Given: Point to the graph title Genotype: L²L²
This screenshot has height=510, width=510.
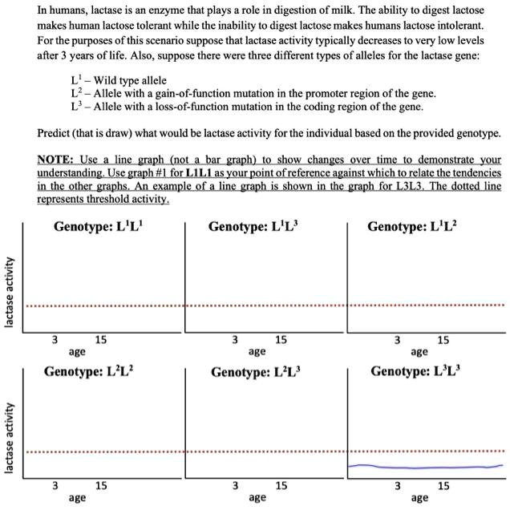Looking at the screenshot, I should coord(89,372).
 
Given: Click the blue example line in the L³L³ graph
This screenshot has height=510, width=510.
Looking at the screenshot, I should coord(425,467).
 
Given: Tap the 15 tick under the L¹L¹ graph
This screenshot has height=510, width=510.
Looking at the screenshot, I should coord(101,340).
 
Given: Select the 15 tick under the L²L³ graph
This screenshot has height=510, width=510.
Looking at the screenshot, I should coord(281,486).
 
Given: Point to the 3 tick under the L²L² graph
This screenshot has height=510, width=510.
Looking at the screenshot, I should coord(55,486).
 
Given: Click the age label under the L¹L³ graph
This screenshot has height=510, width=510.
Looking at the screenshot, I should coord(257,351).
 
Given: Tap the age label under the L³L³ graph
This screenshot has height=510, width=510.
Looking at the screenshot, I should coord(419,497).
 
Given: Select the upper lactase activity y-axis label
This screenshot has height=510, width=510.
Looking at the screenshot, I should coord(10,292).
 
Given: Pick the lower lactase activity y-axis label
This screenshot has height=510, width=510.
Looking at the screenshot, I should coord(10,438).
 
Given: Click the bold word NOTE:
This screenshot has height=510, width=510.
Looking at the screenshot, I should coord(57,160).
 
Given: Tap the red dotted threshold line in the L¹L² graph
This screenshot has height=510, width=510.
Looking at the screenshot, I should coord(425,306).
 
